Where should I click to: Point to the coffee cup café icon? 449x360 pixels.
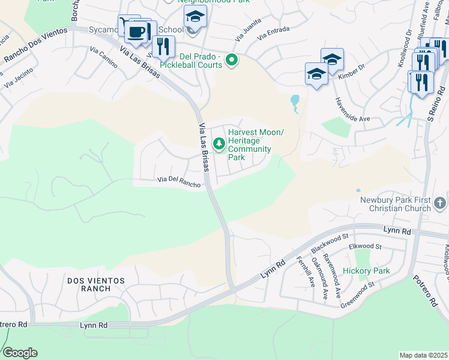coord(137,31)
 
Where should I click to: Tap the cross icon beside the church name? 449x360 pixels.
coord(440,203)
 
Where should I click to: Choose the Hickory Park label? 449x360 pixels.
coord(367,271)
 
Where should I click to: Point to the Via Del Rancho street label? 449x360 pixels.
coord(178,182)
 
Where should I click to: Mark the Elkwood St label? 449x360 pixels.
coord(365,246)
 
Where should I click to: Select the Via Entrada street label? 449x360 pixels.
coord(273,34)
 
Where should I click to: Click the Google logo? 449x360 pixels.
coord(20,353)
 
